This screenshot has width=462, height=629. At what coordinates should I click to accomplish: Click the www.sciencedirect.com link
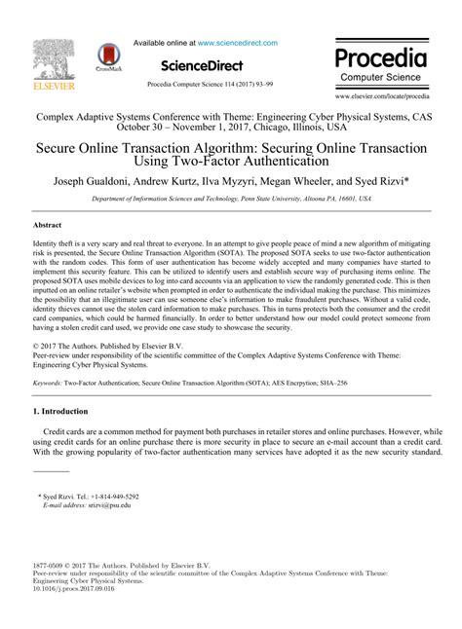238,44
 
